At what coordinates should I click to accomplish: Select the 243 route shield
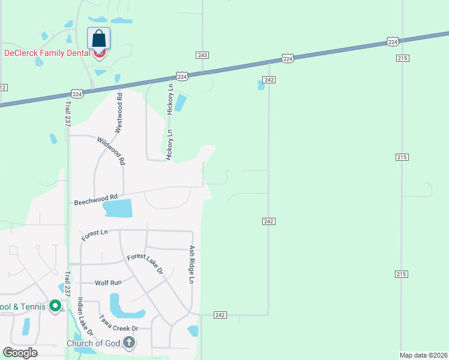coord(202,55)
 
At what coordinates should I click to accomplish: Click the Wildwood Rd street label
coord(110,151)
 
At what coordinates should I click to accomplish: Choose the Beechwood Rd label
coord(95,199)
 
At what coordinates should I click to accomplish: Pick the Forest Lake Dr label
coord(145,264)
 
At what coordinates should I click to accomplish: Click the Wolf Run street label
coord(108,282)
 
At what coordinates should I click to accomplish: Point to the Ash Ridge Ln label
coord(192,264)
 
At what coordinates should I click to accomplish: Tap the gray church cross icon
coord(128,343)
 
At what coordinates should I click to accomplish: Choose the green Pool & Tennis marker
coord(55,307)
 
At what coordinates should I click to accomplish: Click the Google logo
coord(20,353)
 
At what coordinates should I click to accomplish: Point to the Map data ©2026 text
coord(423,355)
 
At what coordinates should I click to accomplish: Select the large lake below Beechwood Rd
coord(118,209)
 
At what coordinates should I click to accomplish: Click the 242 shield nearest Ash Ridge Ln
coord(220,315)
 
